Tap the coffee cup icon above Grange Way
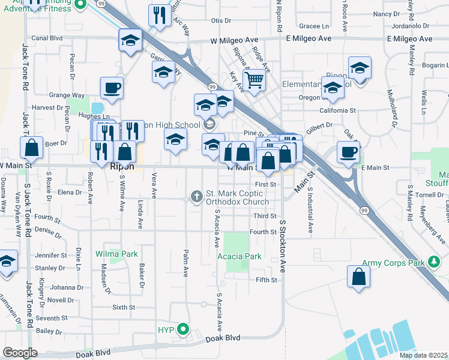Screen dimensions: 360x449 point(112,88)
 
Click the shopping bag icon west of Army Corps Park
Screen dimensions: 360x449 point(358,277)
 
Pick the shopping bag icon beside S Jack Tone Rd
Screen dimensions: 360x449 point(31,148)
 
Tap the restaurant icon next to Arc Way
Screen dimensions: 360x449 point(159,16)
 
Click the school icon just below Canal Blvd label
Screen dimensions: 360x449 point(130,40)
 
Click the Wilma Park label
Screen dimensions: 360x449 point(116,254)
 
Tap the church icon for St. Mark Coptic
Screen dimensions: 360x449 point(196,196)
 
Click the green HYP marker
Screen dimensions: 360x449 point(184,329)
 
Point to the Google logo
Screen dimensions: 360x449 point(20,353)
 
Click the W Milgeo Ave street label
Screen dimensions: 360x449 point(237,39)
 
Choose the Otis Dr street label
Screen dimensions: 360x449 point(221,21)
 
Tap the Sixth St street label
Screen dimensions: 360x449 point(123,307)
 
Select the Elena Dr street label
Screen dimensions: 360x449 point(70,193)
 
